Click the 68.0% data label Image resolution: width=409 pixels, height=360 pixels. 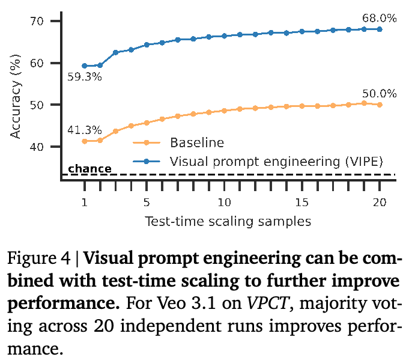pyautogui.click(x=379, y=18)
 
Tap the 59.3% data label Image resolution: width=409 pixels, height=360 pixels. pyautogui.click(x=85, y=77)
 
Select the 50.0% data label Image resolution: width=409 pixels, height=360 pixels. pyautogui.click(x=379, y=94)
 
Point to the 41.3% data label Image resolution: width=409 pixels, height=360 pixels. pyautogui.click(x=85, y=130)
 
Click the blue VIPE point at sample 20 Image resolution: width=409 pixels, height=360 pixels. pyautogui.click(x=380, y=29)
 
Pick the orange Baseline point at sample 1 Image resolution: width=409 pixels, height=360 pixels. pyautogui.click(x=85, y=141)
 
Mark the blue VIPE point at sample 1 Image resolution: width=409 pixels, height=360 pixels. pyautogui.click(x=85, y=66)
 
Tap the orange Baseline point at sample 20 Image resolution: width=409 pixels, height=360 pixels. pyautogui.click(x=380, y=105)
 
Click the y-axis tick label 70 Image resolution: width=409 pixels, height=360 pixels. pyautogui.click(x=37, y=21)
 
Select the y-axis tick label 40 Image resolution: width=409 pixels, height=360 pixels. pyautogui.click(x=37, y=147)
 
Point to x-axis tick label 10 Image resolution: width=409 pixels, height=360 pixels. pyautogui.click(x=225, y=203)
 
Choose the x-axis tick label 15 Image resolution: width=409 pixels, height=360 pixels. pyautogui.click(x=301, y=203)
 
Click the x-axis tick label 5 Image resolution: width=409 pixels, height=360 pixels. pyautogui.click(x=147, y=203)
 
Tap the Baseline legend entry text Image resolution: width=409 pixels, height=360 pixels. pyautogui.click(x=197, y=142)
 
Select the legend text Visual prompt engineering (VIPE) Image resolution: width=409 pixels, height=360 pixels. pyautogui.click(x=276, y=162)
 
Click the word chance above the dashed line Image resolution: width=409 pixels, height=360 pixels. pyautogui.click(x=89, y=169)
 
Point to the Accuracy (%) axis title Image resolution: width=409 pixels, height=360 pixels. pyautogui.click(x=15, y=97)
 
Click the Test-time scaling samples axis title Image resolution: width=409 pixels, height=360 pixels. pyautogui.click(x=228, y=221)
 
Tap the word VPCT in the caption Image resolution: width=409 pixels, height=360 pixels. pyautogui.click(x=268, y=303)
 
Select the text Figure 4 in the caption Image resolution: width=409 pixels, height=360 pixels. pyautogui.click(x=39, y=258)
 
